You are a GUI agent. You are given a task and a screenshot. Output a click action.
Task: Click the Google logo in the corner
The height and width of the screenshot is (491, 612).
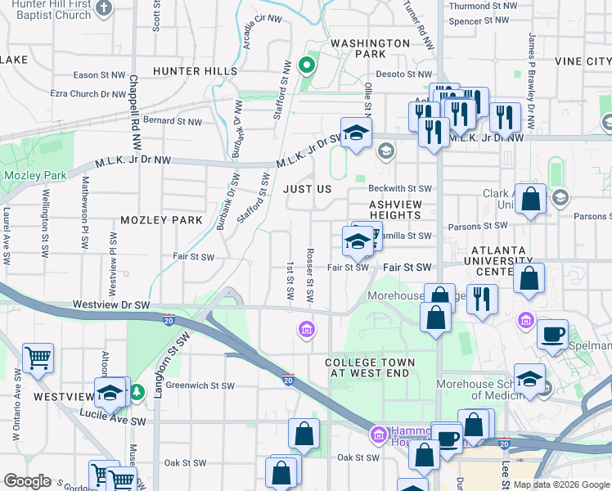pos(27,481)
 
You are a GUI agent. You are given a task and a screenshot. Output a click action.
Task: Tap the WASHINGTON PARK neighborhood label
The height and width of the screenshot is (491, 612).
pos(370,48)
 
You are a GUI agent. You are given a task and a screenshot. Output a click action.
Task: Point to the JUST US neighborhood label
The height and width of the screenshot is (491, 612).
pos(308,188)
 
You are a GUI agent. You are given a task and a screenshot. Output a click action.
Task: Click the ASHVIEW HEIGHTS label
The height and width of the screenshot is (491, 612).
pos(395,209)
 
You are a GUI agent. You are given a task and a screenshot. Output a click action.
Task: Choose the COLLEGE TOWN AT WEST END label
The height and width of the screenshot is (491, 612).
pos(370,367)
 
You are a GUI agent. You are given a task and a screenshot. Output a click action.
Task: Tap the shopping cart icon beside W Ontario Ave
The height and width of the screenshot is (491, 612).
pos(38,357)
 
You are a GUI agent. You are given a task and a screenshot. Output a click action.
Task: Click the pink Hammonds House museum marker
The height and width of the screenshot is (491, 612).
pos(378,433)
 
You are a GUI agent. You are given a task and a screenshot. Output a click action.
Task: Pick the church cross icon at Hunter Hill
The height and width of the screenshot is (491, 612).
pos(104,7)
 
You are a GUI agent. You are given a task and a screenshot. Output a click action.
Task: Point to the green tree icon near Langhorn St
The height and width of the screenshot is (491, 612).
pos(137,392)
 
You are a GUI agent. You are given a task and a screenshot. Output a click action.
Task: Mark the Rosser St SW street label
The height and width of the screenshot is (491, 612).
pos(310,275)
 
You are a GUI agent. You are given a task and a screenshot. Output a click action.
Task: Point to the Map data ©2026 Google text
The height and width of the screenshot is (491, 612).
pos(560,484)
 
